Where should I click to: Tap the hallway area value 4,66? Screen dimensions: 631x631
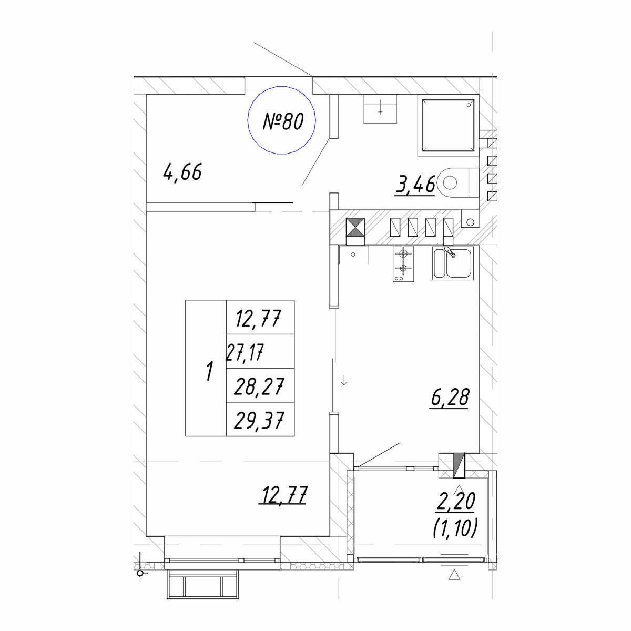click(182, 172)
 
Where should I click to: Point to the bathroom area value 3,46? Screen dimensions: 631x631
click(415, 184)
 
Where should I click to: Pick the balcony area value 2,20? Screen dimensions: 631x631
click(455, 501)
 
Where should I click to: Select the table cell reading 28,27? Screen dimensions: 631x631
click(258, 386)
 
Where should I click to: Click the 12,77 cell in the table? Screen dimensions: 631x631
click(258, 318)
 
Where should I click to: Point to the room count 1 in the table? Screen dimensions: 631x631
click(209, 371)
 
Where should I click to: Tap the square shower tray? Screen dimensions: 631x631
click(449, 126)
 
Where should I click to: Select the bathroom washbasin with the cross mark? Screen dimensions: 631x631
click(380, 109)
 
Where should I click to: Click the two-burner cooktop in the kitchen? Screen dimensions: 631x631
click(403, 263)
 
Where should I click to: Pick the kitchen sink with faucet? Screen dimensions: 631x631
click(453, 263)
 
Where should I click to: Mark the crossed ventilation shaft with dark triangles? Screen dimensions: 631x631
click(355, 228)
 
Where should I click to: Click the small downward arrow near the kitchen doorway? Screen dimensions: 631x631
click(344, 381)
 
